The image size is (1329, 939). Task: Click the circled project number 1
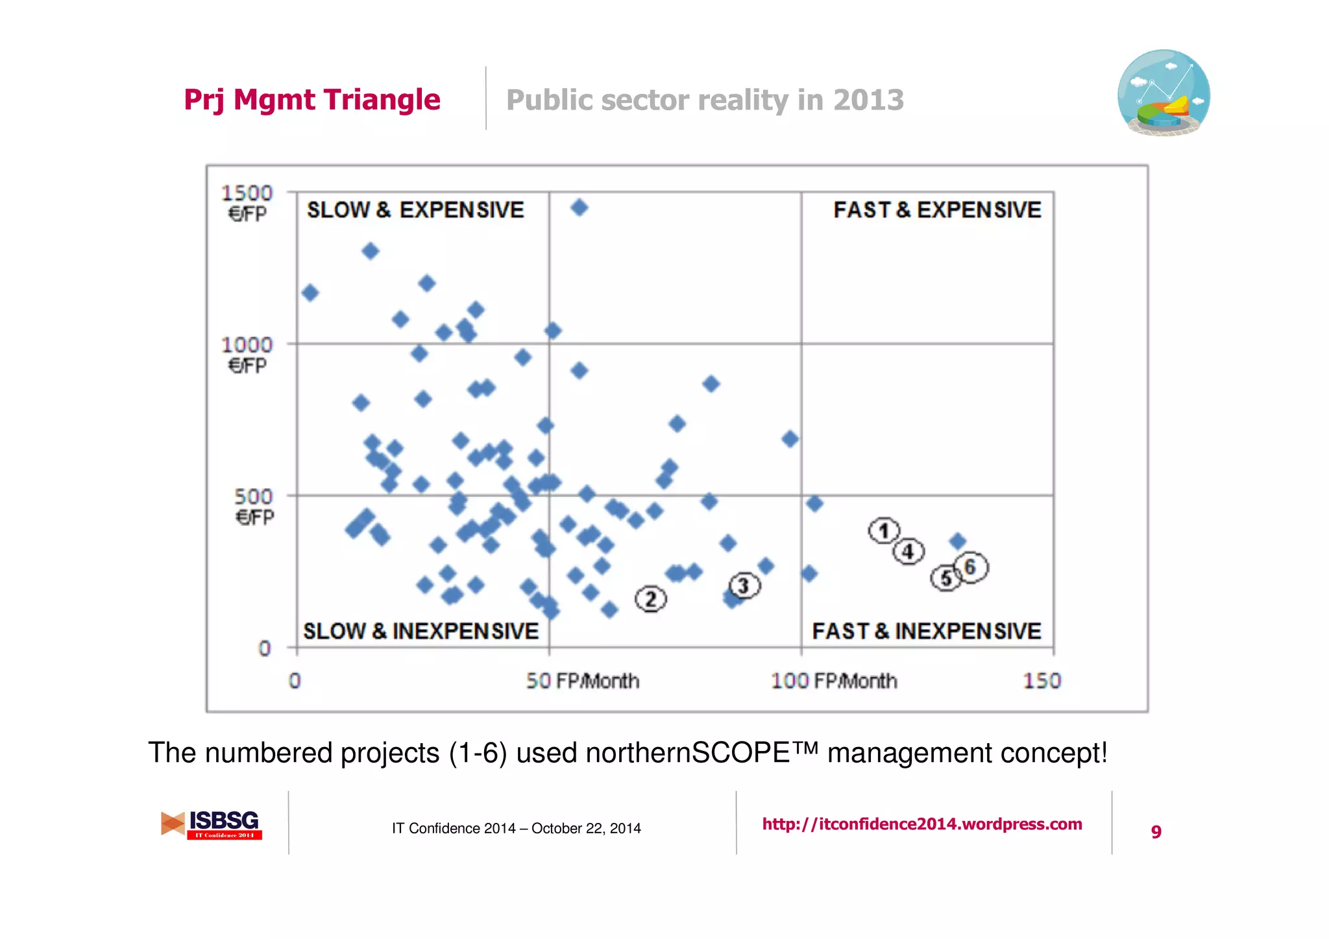click(884, 531)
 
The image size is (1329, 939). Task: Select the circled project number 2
click(651, 599)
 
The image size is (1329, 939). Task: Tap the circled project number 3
click(744, 586)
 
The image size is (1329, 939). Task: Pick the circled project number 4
click(908, 552)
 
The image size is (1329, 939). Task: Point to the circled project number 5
click(946, 578)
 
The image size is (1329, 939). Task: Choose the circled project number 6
click(971, 567)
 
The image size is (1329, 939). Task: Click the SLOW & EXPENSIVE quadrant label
click(415, 210)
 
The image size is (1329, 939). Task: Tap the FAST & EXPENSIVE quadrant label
click(937, 210)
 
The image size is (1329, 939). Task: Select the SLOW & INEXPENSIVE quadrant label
click(421, 631)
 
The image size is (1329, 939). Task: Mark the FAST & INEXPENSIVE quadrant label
click(926, 631)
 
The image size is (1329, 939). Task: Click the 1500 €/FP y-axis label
click(247, 202)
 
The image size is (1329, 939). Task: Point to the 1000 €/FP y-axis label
click(247, 354)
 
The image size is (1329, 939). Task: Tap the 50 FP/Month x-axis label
click(582, 681)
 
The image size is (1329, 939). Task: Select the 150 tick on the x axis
click(1042, 681)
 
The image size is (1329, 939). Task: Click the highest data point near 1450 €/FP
click(579, 208)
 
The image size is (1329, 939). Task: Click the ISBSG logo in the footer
click(212, 825)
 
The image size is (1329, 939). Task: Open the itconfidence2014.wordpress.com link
click(922, 824)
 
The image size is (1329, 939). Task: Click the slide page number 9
click(1156, 831)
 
